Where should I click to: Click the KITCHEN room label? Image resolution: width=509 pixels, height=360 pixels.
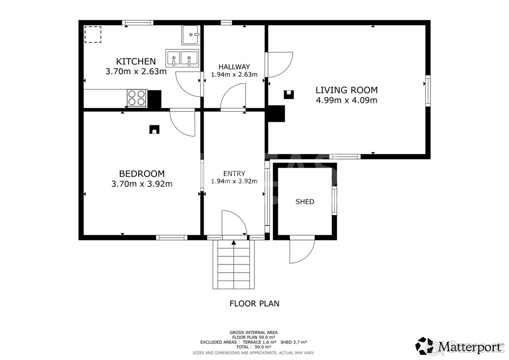[136, 62]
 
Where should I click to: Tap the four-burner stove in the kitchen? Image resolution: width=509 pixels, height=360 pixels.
[137, 98]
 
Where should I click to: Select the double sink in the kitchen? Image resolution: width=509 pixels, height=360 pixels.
[182, 58]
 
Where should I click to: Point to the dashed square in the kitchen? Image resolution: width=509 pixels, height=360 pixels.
[93, 34]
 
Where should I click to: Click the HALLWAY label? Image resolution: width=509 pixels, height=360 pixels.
[234, 67]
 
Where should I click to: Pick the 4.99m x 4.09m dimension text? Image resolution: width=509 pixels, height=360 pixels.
[347, 100]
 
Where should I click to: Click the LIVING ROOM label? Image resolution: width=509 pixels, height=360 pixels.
[347, 90]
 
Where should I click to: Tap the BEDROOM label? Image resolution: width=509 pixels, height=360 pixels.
[142, 174]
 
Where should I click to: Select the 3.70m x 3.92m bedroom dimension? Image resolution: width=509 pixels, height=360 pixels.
[142, 184]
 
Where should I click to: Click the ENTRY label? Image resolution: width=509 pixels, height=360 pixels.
[234, 174]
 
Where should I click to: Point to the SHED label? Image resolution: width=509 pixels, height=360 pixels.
[305, 202]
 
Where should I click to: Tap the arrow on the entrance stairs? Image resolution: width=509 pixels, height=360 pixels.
[234, 242]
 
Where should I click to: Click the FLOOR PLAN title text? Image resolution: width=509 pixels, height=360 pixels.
[254, 304]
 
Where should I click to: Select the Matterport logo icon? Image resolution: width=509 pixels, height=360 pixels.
[424, 346]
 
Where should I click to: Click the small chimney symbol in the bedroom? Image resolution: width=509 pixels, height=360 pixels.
[154, 129]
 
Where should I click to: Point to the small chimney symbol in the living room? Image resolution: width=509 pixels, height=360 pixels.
[288, 95]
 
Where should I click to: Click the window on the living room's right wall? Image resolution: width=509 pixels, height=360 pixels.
[428, 91]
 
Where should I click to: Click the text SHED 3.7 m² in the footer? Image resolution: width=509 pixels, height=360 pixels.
[294, 342]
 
